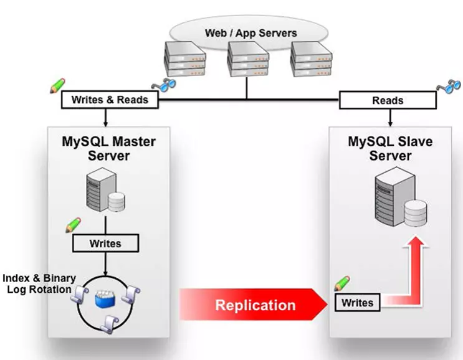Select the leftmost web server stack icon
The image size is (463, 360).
point(185,58)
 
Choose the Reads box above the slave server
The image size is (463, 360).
point(388,100)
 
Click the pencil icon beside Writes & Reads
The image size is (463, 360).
point(58,85)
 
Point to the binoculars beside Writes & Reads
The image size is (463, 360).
point(165,86)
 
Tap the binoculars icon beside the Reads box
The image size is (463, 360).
point(448,85)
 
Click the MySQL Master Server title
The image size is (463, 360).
point(108,148)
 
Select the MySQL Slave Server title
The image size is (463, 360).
point(390,148)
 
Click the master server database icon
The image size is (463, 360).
point(105,192)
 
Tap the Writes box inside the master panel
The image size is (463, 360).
point(105,243)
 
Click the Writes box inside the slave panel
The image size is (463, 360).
point(358,303)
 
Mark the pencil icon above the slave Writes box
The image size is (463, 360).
point(343,284)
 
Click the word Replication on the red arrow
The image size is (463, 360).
point(255,305)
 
